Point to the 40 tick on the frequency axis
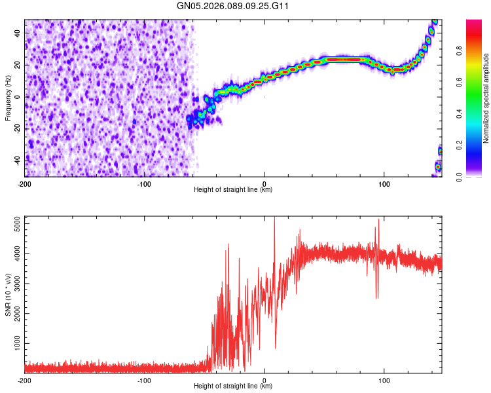coord(18,33)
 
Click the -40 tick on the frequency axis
coord(16,160)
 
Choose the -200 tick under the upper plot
coord(25,183)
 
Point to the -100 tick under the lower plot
coord(144,379)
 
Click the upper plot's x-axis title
coord(233,190)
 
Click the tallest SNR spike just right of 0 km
coord(274,220)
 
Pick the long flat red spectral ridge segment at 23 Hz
coord(344,60)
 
